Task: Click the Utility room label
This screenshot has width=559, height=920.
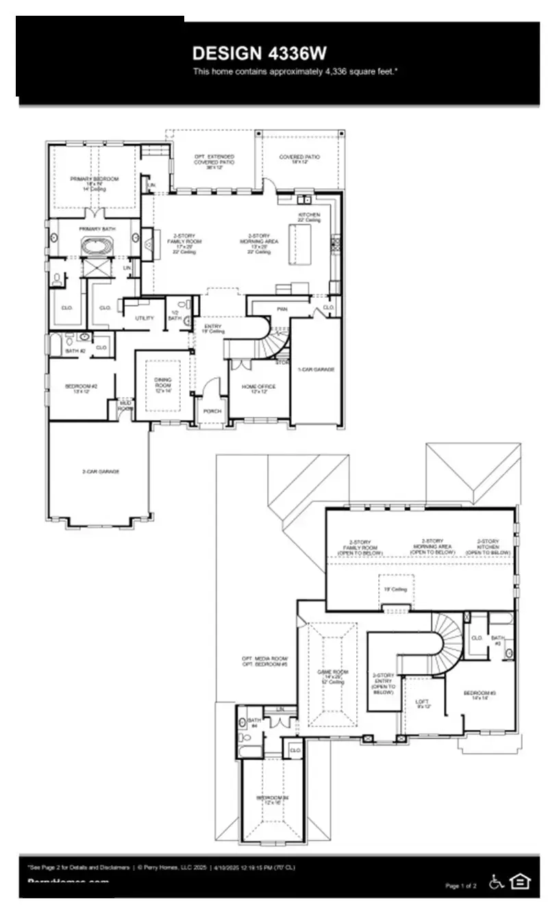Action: [x=145, y=318]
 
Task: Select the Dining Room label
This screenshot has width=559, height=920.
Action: [x=163, y=383]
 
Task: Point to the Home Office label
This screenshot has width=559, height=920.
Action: [x=259, y=387]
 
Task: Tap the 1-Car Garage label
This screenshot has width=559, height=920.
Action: [x=316, y=369]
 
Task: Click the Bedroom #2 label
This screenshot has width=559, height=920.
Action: [x=81, y=388]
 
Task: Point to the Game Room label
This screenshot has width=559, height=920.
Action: [x=332, y=675]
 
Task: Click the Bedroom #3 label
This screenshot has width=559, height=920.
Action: [x=480, y=695]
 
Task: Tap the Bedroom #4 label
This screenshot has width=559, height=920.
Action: [x=273, y=800]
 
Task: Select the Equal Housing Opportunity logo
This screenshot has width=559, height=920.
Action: [x=521, y=882]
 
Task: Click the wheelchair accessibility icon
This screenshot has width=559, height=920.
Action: [x=496, y=882]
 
